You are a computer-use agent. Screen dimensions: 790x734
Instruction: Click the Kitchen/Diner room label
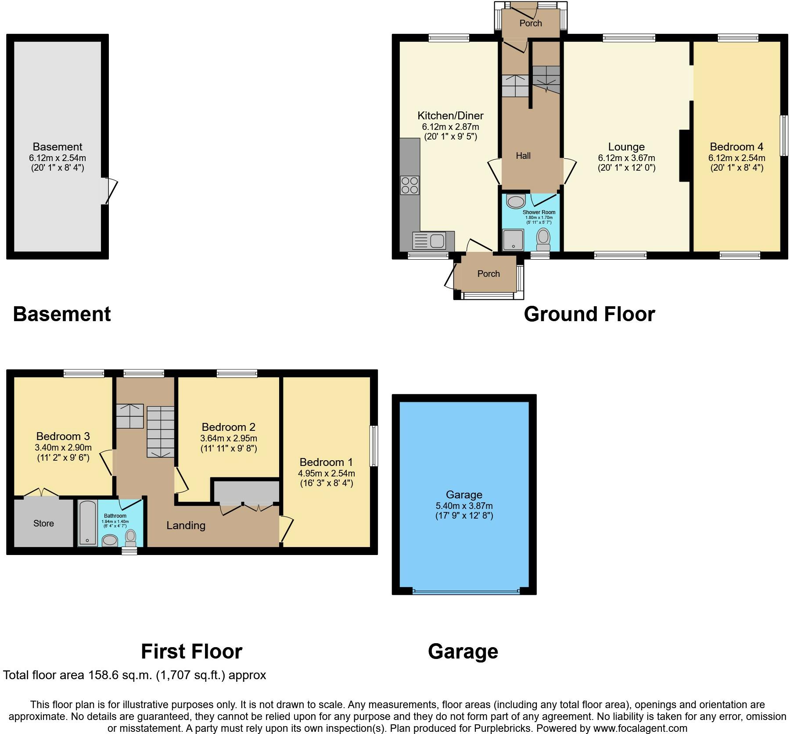(x=450, y=115)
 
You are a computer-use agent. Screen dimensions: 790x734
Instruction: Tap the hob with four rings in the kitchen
(x=409, y=185)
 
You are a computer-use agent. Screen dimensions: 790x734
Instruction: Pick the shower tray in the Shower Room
(x=513, y=240)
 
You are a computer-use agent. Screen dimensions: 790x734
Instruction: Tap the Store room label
(x=43, y=523)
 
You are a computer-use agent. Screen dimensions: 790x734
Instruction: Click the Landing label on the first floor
(x=186, y=525)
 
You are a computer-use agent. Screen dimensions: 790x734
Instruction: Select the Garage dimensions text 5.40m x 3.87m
(x=464, y=506)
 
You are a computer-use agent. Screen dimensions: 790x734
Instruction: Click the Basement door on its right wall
(x=109, y=191)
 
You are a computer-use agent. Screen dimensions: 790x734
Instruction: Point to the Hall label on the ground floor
(x=523, y=156)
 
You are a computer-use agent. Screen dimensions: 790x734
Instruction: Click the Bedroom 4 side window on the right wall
(x=784, y=136)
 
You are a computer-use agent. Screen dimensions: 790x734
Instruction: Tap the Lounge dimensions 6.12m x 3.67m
(x=626, y=158)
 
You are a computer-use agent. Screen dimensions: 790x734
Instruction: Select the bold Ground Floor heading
(x=589, y=314)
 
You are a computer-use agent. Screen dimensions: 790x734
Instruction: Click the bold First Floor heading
(x=191, y=652)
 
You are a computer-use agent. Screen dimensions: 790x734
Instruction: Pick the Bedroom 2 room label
(x=228, y=427)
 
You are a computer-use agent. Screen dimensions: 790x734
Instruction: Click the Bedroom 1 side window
(x=373, y=446)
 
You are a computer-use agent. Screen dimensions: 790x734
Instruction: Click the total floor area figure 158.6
(x=140, y=675)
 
